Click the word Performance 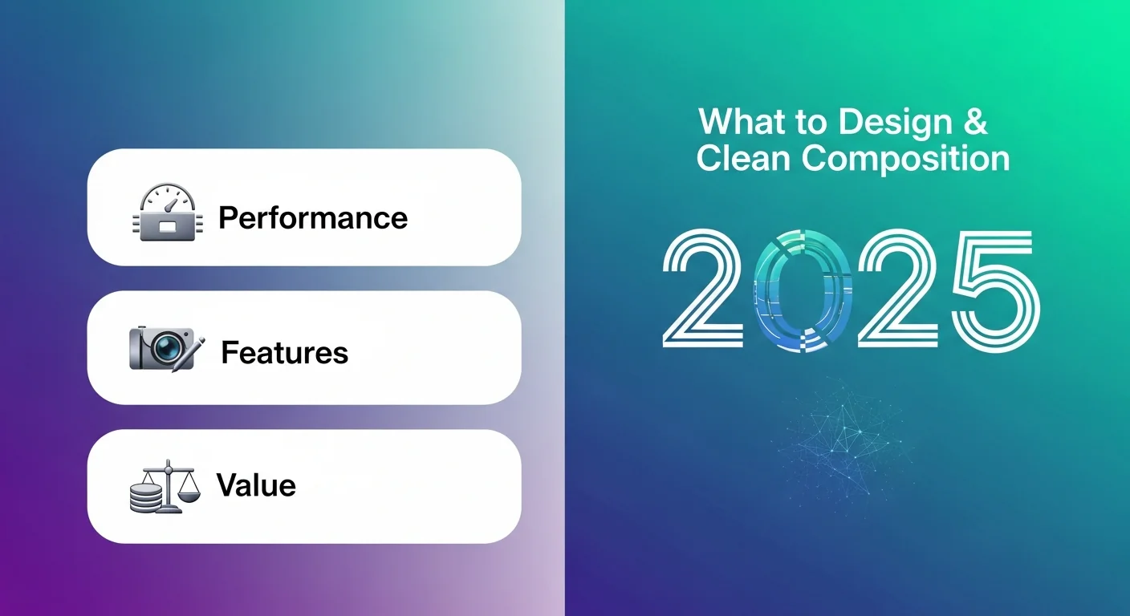(313, 218)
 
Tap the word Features (285, 352)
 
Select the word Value (256, 485)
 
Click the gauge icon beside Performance (168, 212)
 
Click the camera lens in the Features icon (165, 346)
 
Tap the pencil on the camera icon (189, 354)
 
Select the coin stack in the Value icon (146, 497)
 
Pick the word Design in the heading (895, 122)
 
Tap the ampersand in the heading (975, 121)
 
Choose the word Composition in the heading (905, 160)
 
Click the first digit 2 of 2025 (703, 288)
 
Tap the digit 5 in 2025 (996, 290)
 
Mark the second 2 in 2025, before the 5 (898, 288)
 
